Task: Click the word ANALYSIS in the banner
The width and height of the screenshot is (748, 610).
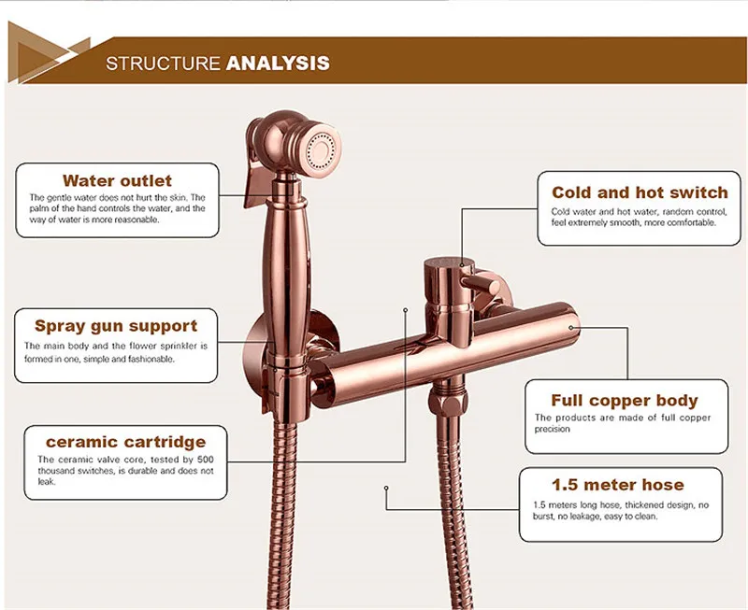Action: coord(278,64)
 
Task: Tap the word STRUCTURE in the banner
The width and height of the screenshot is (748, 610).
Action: coord(163,64)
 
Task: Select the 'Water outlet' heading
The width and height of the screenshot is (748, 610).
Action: coord(117,180)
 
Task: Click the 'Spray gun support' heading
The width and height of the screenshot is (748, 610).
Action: coord(116,326)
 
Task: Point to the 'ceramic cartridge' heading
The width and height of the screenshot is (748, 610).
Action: coord(125,441)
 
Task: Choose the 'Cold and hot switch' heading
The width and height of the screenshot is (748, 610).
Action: coord(640,192)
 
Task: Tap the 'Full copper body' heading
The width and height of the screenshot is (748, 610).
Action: coord(624,400)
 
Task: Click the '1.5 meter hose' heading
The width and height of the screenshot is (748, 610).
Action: coord(617,485)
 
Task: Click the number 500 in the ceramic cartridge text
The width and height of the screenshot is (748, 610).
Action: coord(206,460)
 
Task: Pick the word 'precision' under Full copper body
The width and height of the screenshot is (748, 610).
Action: coord(552,430)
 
